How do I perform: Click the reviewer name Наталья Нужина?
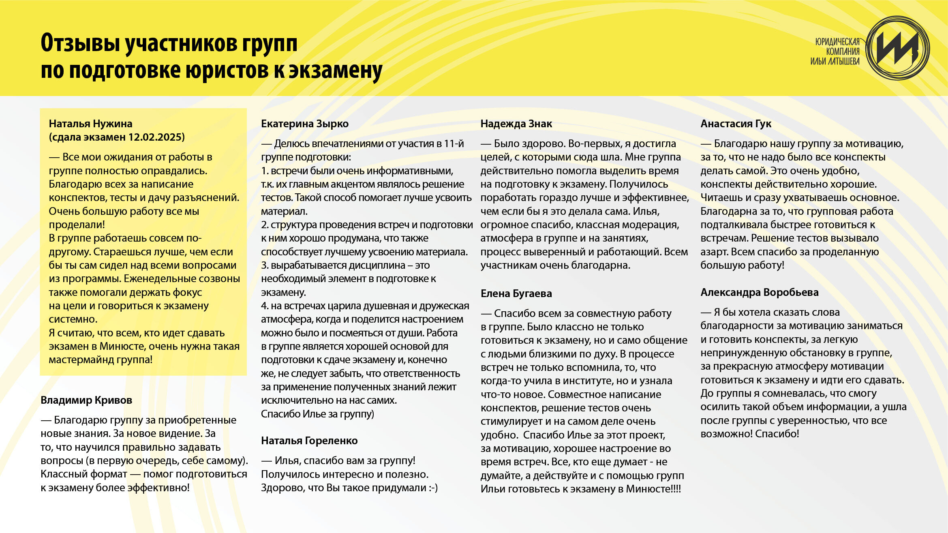[x=90, y=124]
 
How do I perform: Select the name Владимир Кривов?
[x=86, y=400]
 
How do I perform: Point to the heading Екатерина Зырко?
[x=305, y=124]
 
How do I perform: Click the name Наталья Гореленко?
[x=309, y=441]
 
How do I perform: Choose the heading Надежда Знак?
[x=516, y=124]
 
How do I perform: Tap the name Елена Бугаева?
[x=516, y=293]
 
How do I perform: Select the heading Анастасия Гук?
[x=736, y=124]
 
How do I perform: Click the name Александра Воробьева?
[x=759, y=292]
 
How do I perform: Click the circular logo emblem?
[x=897, y=48]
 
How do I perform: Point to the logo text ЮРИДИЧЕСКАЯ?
[x=837, y=42]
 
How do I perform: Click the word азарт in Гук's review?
[x=714, y=252]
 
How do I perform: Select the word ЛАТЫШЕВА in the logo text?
[x=843, y=62]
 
